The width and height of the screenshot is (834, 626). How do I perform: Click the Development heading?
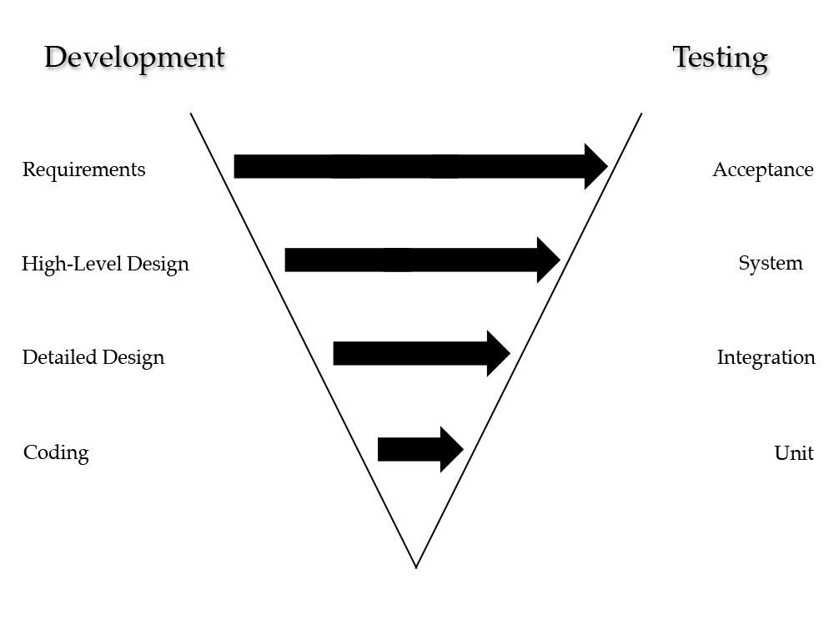click(x=134, y=58)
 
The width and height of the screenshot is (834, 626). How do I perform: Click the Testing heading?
click(x=720, y=58)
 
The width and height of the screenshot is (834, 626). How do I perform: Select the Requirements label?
click(x=83, y=169)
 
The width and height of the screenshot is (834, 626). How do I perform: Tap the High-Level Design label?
click(x=105, y=264)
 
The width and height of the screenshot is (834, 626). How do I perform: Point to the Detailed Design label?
click(x=93, y=357)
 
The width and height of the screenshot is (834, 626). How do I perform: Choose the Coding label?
click(x=56, y=452)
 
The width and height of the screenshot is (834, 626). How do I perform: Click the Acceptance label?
click(x=762, y=169)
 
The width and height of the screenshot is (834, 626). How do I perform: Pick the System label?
click(x=770, y=264)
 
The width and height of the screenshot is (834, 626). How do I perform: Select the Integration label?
click(x=766, y=357)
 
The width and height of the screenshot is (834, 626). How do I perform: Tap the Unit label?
click(x=793, y=453)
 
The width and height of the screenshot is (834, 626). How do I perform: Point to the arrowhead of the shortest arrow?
click(x=451, y=449)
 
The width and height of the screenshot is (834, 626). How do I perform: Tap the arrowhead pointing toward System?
click(x=548, y=260)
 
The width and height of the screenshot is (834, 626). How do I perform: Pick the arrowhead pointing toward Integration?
click(x=498, y=353)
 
